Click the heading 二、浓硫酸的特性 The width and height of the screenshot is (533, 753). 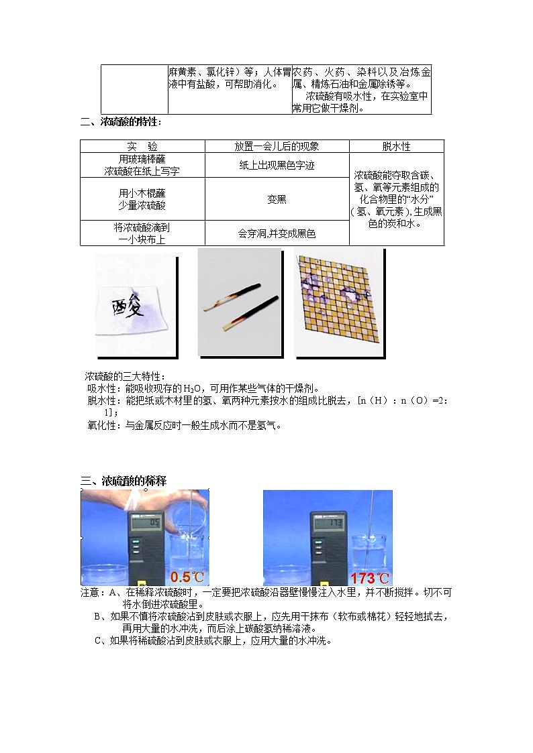click(x=121, y=122)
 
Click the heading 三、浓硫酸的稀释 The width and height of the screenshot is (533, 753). click(x=124, y=481)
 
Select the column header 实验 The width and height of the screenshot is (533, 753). click(x=142, y=146)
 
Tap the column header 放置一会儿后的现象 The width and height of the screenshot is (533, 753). click(x=277, y=146)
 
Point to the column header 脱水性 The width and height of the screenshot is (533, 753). click(x=396, y=146)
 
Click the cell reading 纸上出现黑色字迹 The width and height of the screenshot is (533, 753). click(x=277, y=165)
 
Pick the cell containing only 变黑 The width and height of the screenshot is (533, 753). click(x=277, y=199)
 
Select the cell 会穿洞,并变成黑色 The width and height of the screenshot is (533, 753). click(x=277, y=233)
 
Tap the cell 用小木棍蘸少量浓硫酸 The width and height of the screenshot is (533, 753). click(x=142, y=199)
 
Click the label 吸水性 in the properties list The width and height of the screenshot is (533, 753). click(x=101, y=388)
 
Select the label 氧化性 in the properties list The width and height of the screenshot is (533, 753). click(x=101, y=424)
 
